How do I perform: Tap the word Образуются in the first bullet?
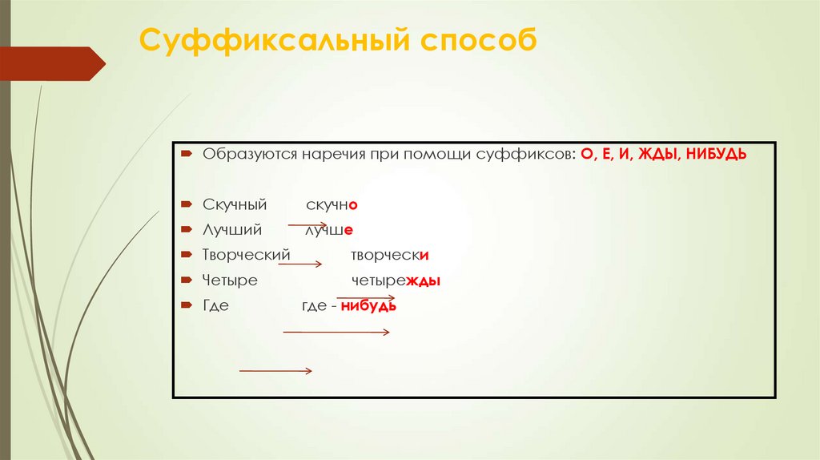tap(250, 153)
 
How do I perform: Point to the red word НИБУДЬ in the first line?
tap(717, 153)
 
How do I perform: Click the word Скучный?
tap(235, 205)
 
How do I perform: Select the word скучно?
tap(332, 205)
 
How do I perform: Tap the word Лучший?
tap(232, 230)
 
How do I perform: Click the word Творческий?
tap(245, 256)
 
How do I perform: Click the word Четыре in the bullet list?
tap(230, 281)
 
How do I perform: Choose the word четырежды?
tap(396, 281)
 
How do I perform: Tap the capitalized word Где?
tap(216, 306)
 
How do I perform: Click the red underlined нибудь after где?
tap(368, 306)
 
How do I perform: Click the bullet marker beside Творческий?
tap(186, 255)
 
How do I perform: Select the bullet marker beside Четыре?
tap(186, 280)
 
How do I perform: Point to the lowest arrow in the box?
tap(275, 370)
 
